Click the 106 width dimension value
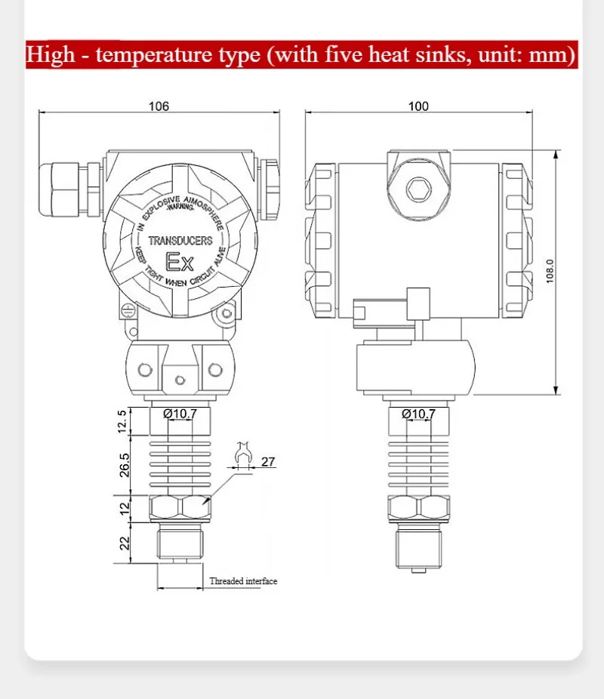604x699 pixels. (159, 106)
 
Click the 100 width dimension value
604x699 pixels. (418, 106)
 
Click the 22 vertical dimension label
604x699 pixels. (125, 542)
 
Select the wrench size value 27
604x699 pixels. (268, 461)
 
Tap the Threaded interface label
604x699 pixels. (243, 581)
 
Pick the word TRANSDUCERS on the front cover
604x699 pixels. (180, 242)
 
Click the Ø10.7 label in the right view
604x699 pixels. (418, 413)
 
